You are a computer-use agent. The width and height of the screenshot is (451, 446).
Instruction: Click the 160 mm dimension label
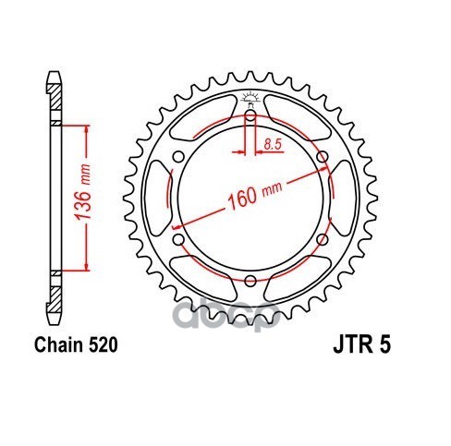pyautogui.click(x=254, y=195)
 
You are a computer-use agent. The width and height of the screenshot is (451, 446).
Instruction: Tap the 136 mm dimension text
pyautogui.click(x=84, y=193)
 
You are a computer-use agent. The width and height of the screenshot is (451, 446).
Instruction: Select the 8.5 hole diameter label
pyautogui.click(x=273, y=144)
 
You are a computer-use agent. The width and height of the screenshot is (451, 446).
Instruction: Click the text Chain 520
pyautogui.click(x=76, y=345)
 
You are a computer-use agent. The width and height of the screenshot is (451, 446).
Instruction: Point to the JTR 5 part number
pyautogui.click(x=361, y=344)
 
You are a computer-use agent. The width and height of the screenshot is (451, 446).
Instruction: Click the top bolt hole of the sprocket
pyautogui.click(x=250, y=116)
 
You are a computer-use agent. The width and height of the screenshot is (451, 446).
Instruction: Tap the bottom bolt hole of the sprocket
pyautogui.click(x=250, y=281)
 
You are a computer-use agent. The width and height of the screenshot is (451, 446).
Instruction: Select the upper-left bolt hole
pyautogui.click(x=178, y=157)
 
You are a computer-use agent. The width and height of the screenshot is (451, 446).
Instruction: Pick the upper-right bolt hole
pyautogui.click(x=323, y=157)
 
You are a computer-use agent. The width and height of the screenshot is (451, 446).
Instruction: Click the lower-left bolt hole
pyautogui.click(x=178, y=239)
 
